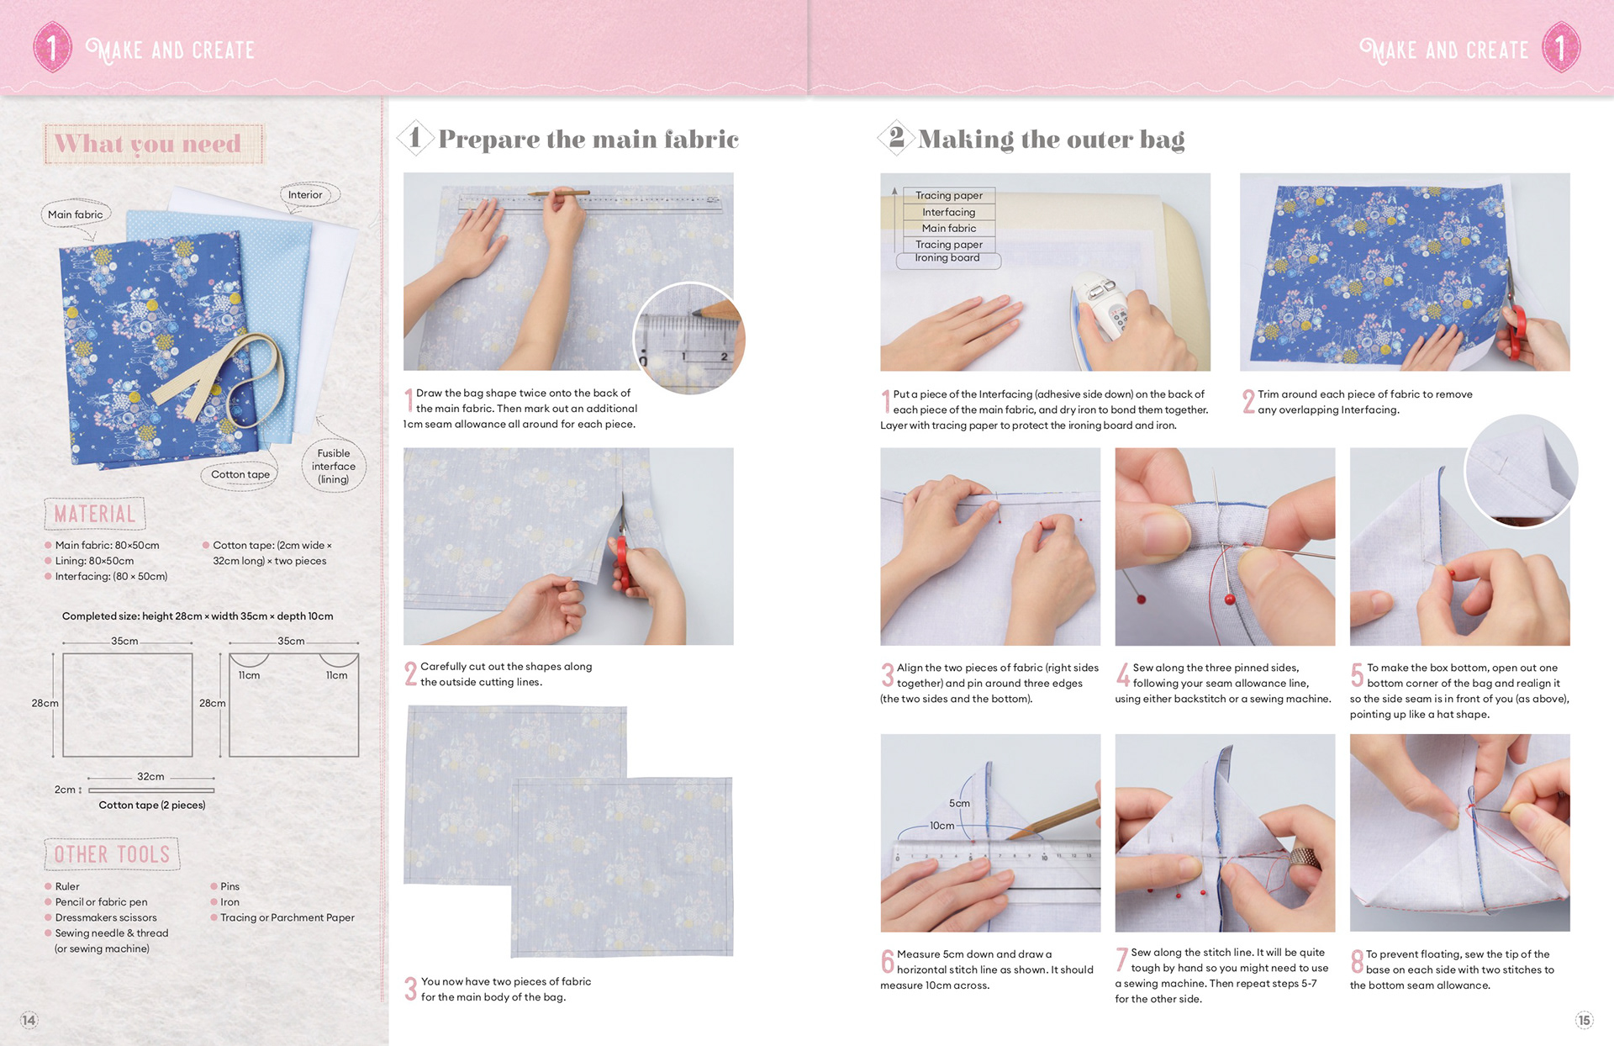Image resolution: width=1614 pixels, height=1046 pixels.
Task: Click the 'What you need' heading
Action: [148, 144]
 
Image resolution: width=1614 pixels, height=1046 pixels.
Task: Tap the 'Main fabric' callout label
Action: [76, 214]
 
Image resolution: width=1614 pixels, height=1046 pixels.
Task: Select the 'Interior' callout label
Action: [305, 195]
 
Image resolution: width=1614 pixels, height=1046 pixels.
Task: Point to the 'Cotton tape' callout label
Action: [240, 474]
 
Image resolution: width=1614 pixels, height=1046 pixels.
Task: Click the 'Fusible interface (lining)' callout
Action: [334, 466]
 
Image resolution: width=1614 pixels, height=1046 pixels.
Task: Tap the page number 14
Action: [29, 1020]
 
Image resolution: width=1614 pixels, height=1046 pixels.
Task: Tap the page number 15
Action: [1584, 1020]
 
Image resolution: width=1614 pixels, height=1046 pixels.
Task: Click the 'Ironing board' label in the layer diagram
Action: [947, 258]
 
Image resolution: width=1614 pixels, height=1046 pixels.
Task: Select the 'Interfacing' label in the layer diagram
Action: [949, 212]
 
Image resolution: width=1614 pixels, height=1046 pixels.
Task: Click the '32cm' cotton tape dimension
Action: [150, 776]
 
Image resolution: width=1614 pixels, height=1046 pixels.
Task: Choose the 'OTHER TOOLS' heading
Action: [112, 854]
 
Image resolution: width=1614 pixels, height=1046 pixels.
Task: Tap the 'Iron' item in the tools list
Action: [229, 902]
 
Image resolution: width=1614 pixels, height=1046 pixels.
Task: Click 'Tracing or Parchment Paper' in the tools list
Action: [287, 917]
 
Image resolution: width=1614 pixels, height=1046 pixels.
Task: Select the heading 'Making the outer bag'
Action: [1051, 139]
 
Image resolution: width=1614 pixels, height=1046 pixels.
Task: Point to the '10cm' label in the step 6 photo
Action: [941, 826]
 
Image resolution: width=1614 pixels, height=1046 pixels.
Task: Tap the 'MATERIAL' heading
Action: [94, 514]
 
